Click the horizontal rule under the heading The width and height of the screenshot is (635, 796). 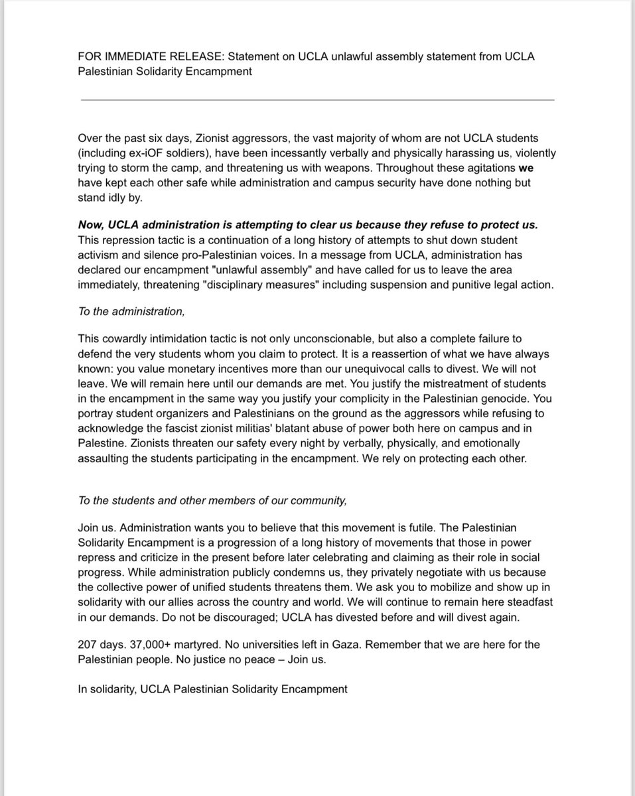[317, 99]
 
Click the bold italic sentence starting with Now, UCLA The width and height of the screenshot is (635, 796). [308, 225]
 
